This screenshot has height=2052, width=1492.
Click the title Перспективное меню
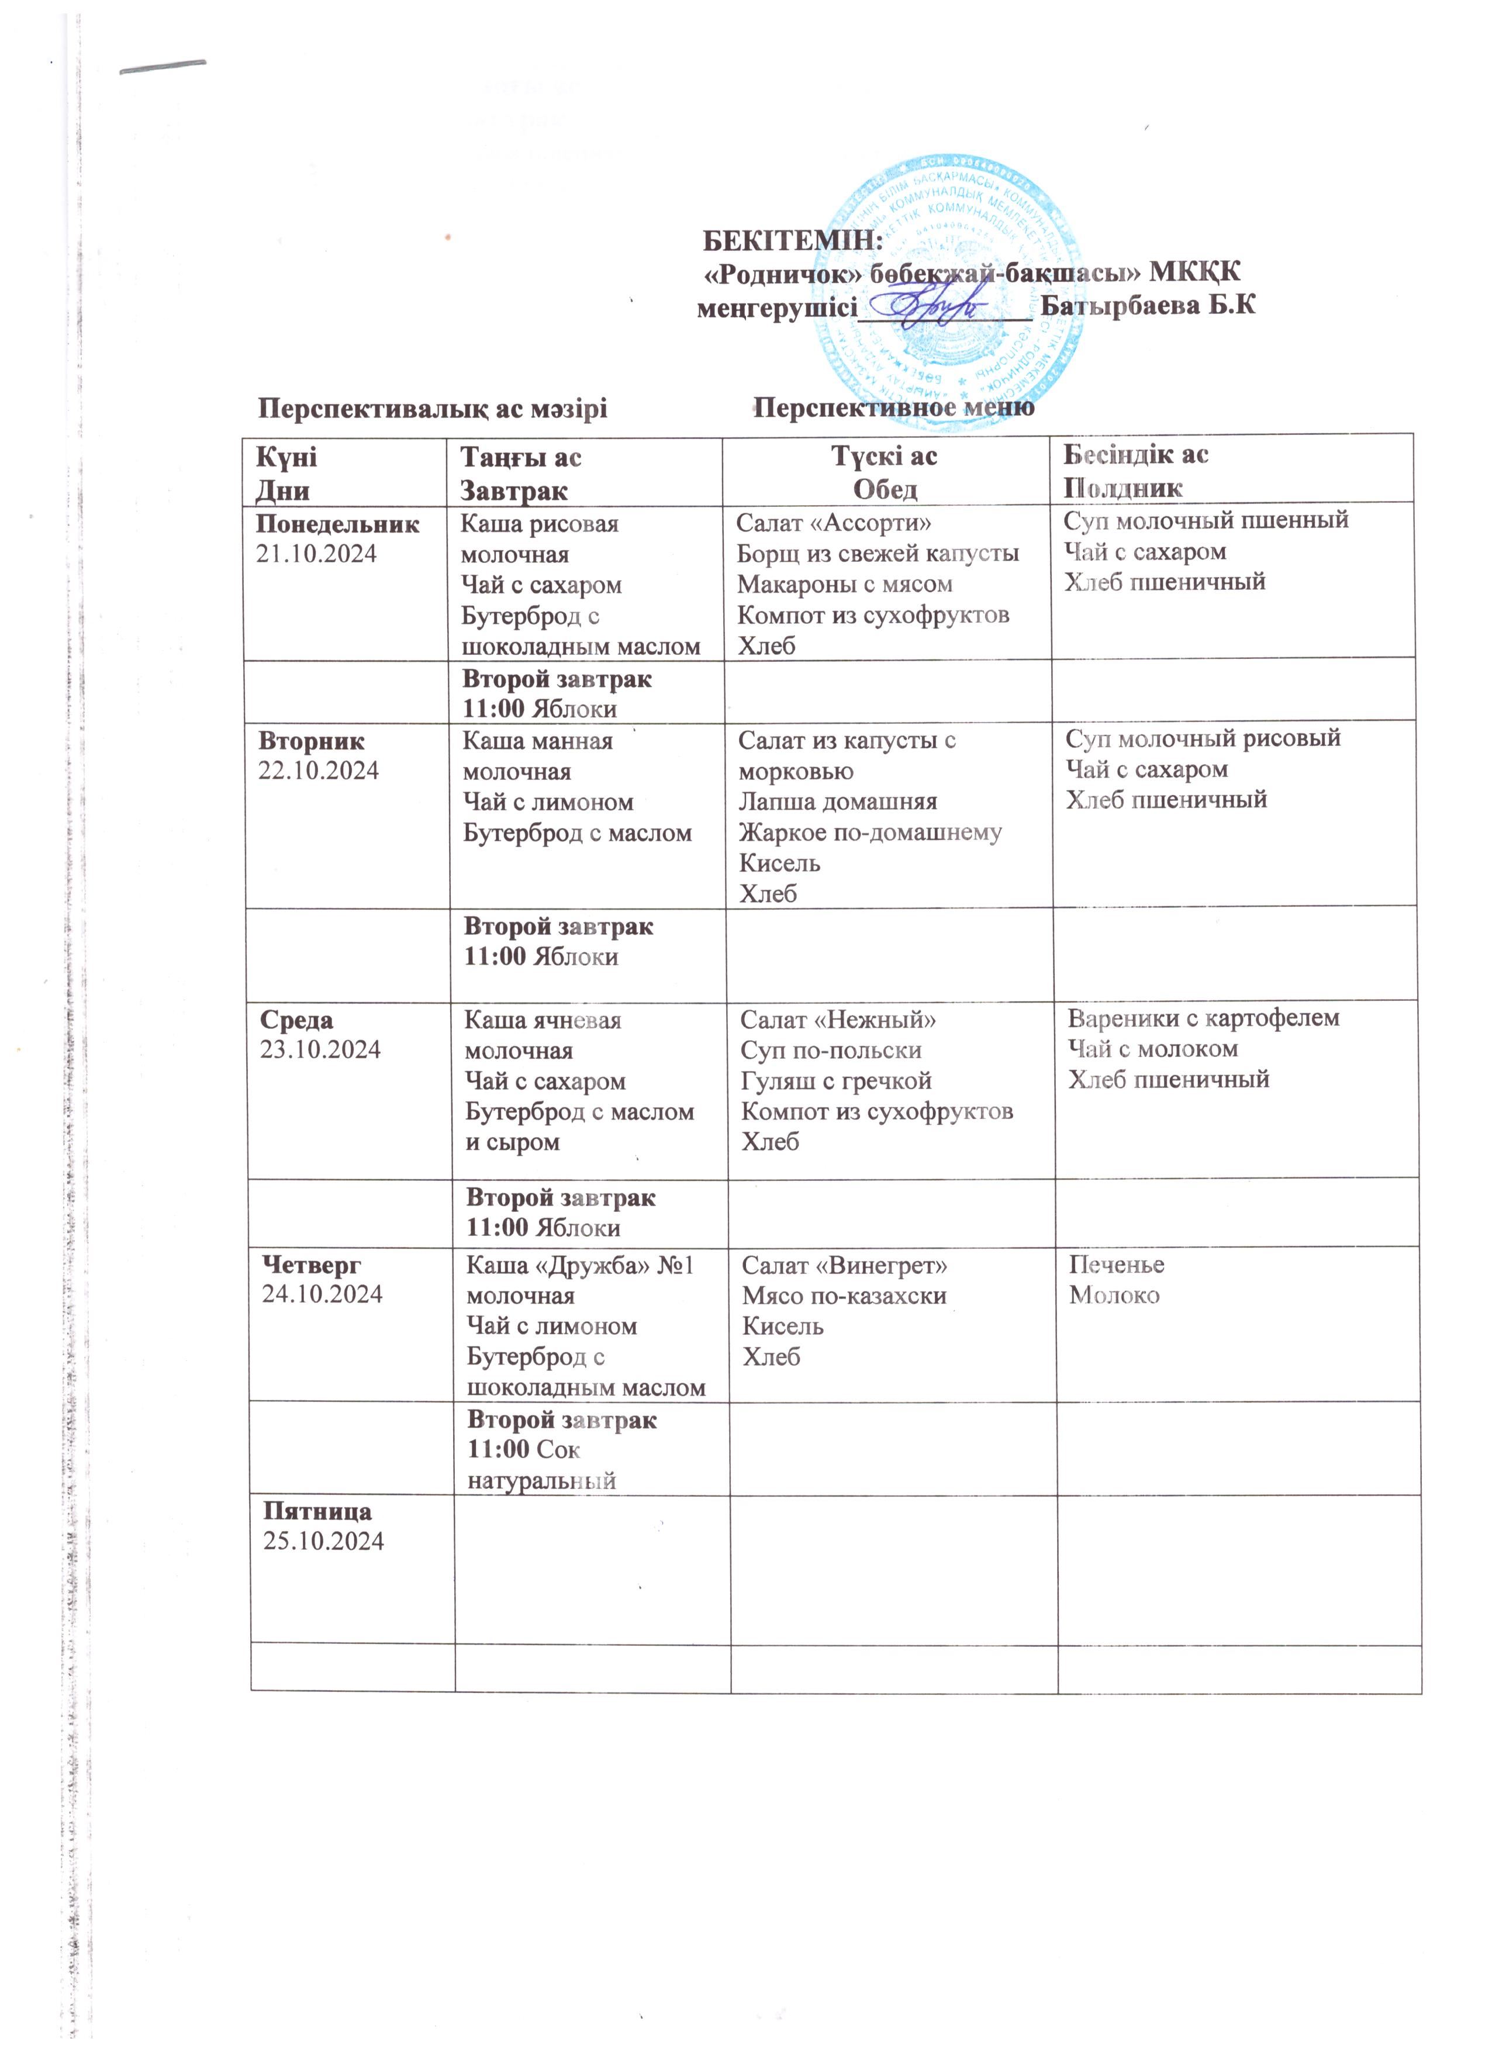click(894, 408)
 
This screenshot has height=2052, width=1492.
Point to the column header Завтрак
click(513, 490)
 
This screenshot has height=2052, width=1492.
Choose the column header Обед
click(885, 489)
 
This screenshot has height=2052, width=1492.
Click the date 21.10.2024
click(317, 554)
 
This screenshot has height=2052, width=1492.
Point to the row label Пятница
click(317, 1511)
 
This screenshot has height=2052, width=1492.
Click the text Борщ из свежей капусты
click(878, 553)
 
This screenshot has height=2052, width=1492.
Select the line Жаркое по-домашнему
click(871, 832)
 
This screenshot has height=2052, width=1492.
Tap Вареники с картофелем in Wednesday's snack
click(1203, 1018)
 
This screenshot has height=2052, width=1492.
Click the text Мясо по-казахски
click(844, 1296)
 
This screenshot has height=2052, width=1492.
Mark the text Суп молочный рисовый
click(1203, 738)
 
